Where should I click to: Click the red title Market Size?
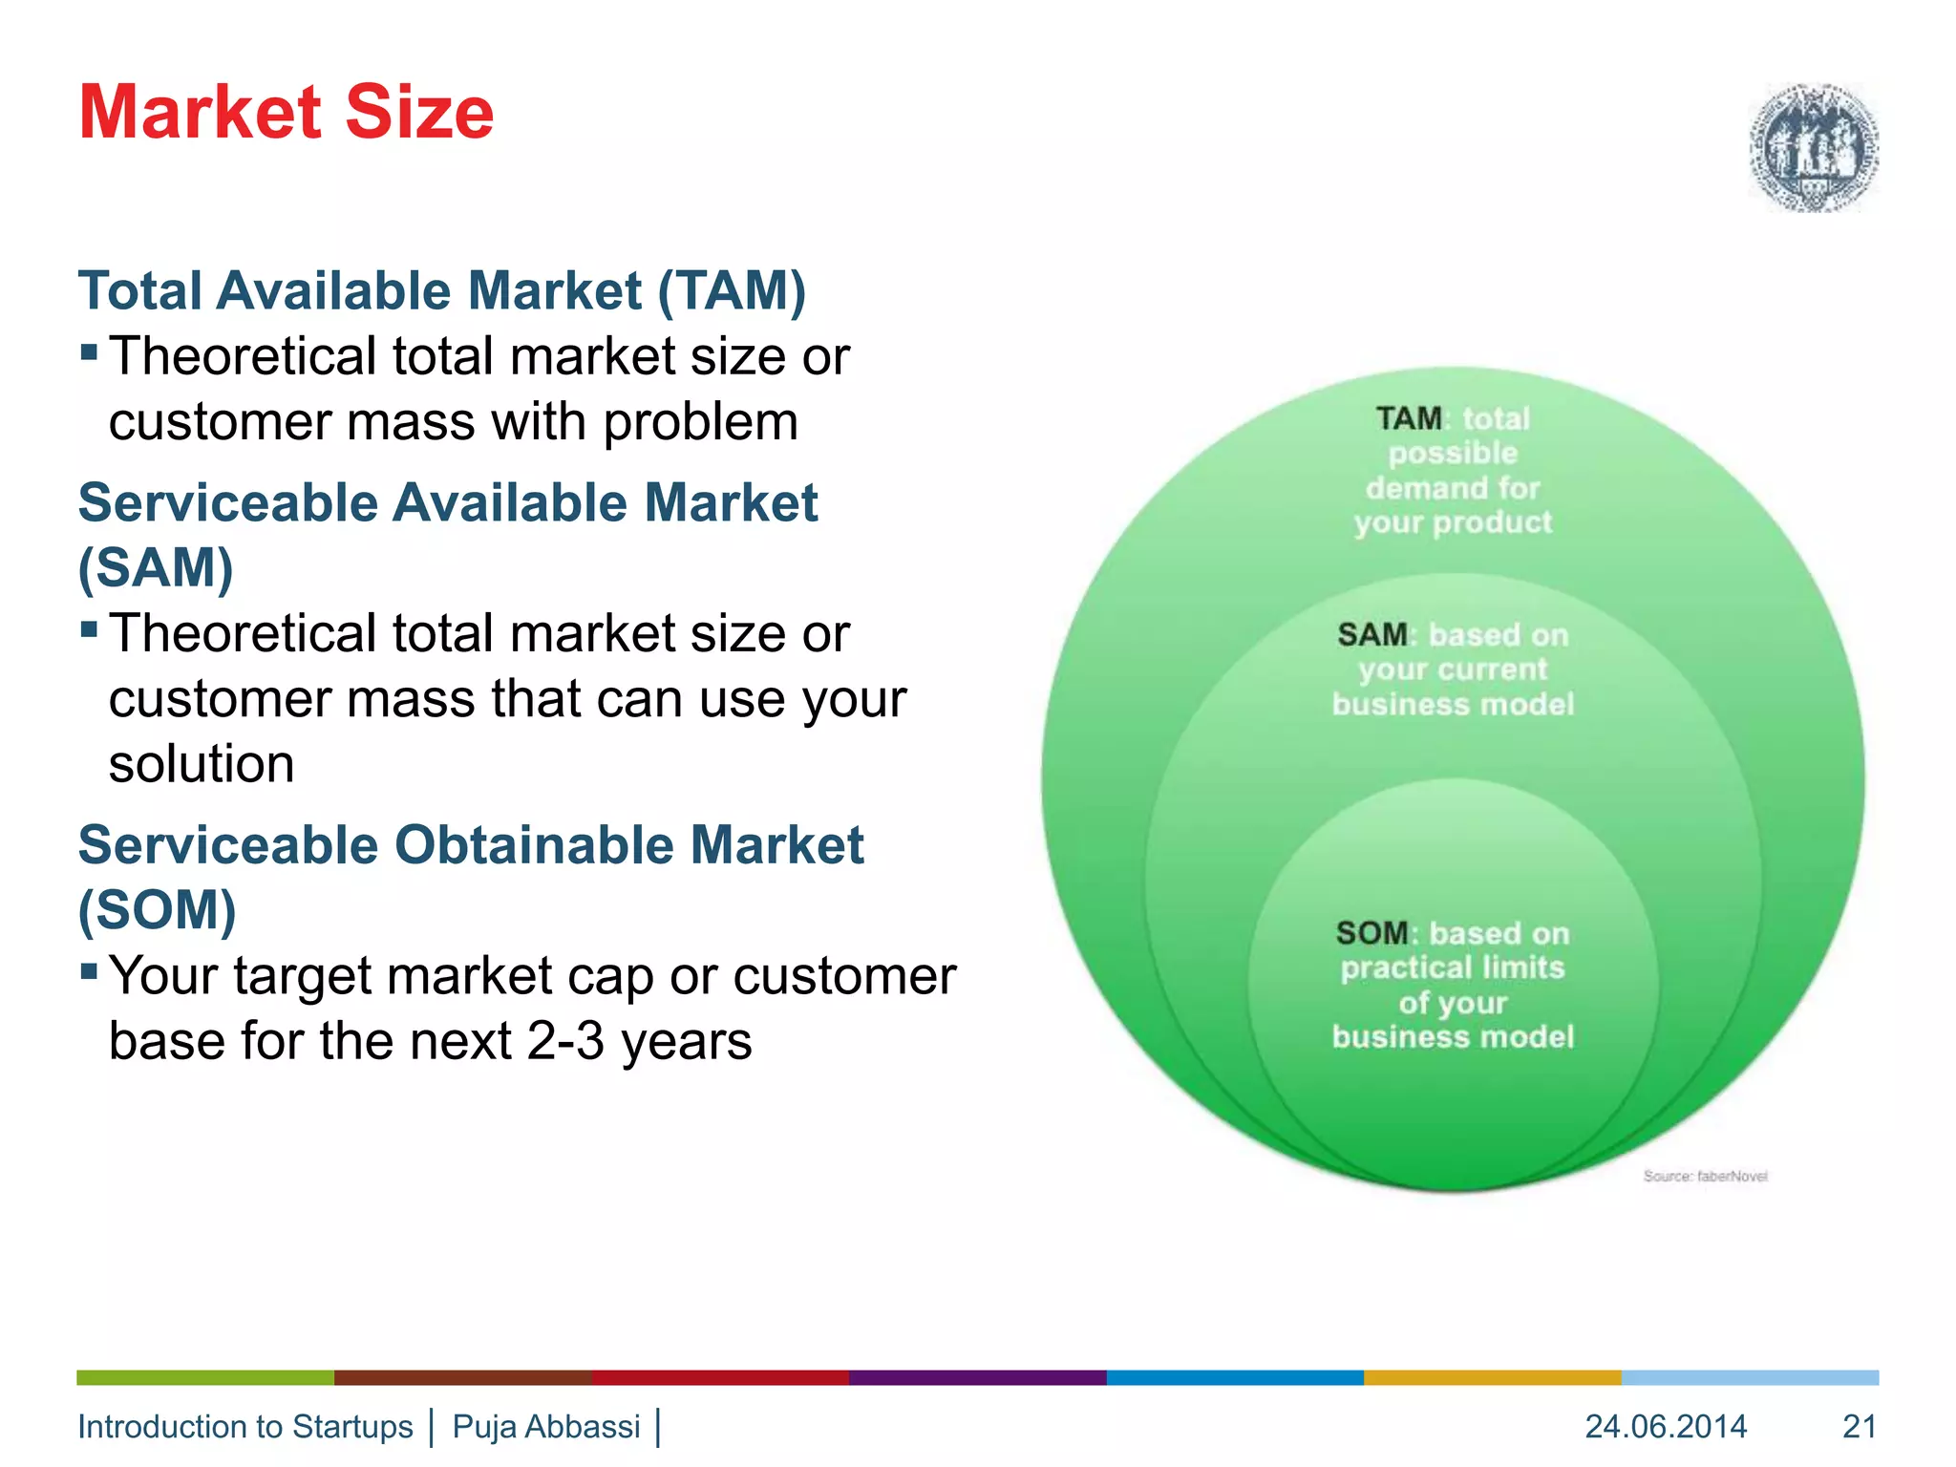[286, 113]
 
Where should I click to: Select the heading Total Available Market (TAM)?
[441, 290]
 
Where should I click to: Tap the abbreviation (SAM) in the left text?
[156, 567]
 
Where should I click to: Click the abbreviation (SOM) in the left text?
[157, 909]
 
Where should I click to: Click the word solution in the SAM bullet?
[202, 764]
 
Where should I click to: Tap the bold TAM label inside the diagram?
[1409, 418]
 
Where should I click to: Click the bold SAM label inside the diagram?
[1371, 635]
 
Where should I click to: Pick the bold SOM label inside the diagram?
[1371, 933]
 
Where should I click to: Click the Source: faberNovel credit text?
[1705, 1176]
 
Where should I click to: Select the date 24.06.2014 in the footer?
[1666, 1426]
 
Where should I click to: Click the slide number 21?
[1859, 1426]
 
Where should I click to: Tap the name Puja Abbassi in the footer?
[545, 1426]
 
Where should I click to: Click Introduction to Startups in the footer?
[244, 1426]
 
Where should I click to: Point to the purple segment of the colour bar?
[977, 1377]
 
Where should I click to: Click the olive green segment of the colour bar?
[205, 1377]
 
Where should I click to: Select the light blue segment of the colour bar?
[1750, 1377]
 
